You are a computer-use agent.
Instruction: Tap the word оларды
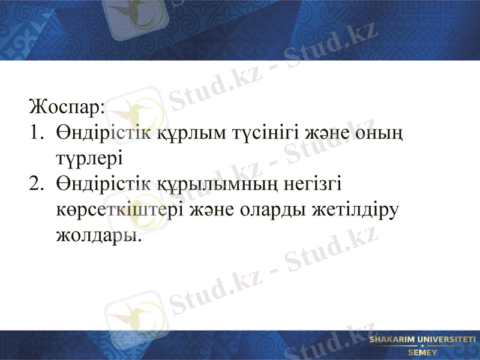(266, 209)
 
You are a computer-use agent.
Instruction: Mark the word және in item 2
(203, 209)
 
